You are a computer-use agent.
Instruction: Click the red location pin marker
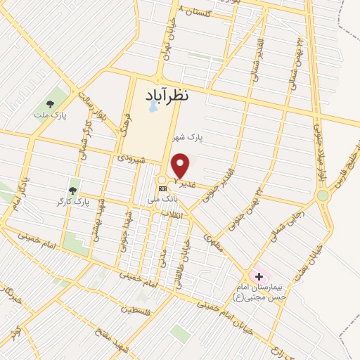[181, 166]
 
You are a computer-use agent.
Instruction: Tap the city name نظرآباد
[179, 95]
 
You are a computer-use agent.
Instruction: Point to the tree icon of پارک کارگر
[72, 191]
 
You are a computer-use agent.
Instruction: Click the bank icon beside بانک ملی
[163, 188]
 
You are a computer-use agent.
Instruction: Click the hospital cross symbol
[257, 275]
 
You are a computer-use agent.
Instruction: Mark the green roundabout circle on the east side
[323, 195]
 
